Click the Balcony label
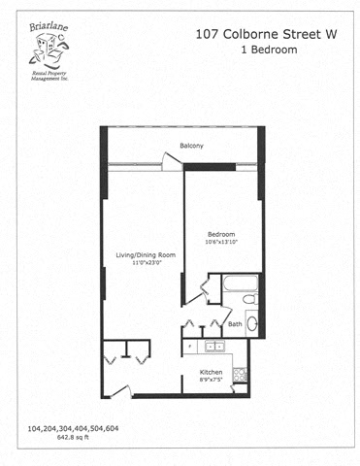click(x=191, y=147)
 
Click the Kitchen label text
click(x=212, y=372)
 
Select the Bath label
click(x=235, y=323)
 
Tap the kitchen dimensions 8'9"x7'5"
click(x=213, y=381)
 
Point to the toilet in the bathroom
click(x=251, y=324)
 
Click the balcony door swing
click(x=171, y=167)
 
